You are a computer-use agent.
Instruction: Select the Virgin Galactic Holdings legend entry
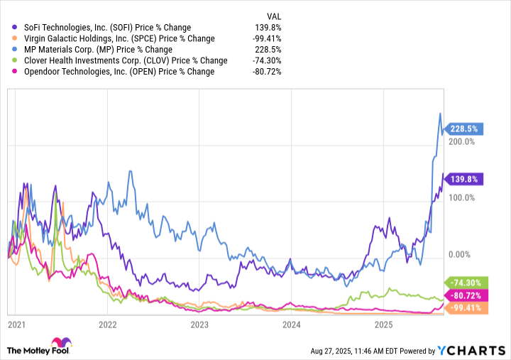109,38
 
